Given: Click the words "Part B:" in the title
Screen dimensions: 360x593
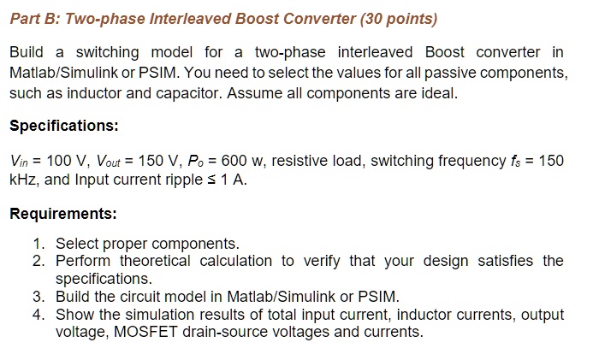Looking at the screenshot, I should pyautogui.click(x=35, y=18).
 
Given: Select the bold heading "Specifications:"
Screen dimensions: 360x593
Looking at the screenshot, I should pyautogui.click(x=63, y=126).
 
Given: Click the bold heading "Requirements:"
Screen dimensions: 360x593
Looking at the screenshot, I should pyautogui.click(x=62, y=213).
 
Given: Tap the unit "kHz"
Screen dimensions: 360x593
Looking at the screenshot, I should pyautogui.click(x=22, y=180).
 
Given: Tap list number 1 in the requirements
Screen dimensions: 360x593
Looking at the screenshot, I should pyautogui.click(x=39, y=244).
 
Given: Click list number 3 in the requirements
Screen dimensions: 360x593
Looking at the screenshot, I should pyautogui.click(x=39, y=297).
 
